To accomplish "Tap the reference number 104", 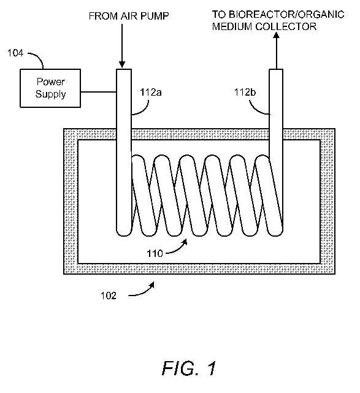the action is (x=15, y=53).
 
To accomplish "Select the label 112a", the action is (x=151, y=93).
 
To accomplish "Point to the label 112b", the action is (x=245, y=93).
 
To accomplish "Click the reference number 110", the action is (x=155, y=253).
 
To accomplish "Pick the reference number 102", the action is (x=109, y=296).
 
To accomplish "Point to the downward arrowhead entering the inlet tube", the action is (x=122, y=64).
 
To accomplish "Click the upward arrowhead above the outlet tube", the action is (x=276, y=35).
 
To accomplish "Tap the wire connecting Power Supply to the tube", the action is (x=99, y=92).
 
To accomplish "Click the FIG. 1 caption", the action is (x=189, y=368).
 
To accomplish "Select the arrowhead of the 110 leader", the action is (x=185, y=242).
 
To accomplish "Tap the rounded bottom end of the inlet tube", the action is (x=124, y=232).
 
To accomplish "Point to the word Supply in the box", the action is (x=50, y=94).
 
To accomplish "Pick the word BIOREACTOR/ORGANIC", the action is (x=286, y=15).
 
